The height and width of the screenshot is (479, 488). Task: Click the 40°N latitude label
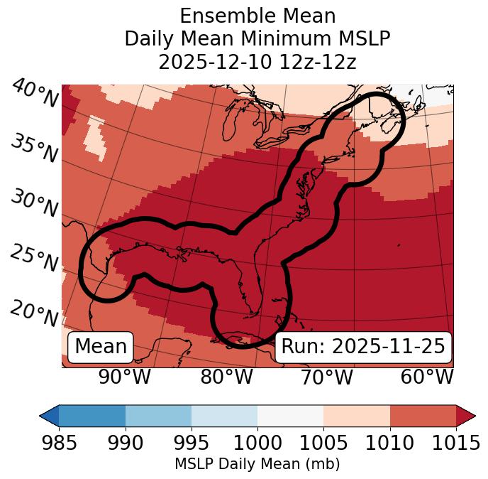(x=34, y=95)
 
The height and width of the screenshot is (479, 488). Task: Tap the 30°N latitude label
(x=34, y=204)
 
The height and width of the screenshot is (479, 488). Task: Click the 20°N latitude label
(x=34, y=313)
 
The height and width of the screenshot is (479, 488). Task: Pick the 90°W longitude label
(x=124, y=377)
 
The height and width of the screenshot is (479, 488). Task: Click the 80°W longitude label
(x=226, y=377)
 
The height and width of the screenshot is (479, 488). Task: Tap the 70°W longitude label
(x=326, y=377)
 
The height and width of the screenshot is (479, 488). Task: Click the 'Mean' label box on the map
(x=101, y=347)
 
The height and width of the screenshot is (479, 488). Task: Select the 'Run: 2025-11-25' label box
(x=363, y=347)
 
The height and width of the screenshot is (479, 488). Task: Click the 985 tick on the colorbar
(x=59, y=443)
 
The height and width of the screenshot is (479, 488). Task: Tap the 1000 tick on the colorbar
(x=257, y=443)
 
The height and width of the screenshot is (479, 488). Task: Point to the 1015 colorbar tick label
(x=456, y=443)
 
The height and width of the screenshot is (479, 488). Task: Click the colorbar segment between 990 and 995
(x=158, y=415)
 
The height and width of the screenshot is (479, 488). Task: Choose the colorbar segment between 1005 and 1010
(x=357, y=415)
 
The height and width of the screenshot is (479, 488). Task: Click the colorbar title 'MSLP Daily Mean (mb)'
(x=257, y=465)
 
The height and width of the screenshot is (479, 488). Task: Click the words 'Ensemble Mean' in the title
(x=257, y=16)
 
